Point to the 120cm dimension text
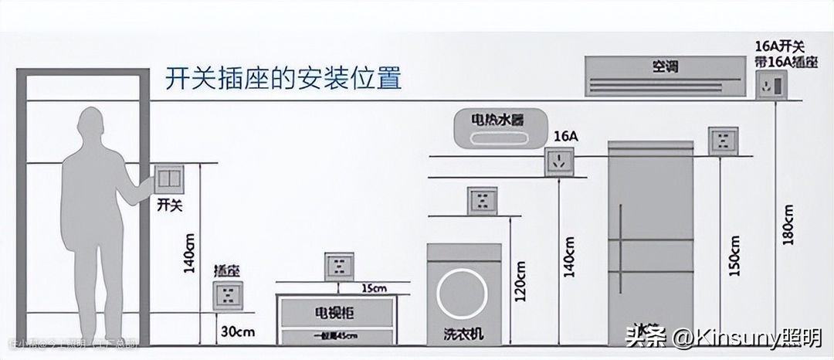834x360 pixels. click(521, 281)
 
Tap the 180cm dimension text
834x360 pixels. click(787, 224)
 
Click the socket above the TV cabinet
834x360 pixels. click(338, 267)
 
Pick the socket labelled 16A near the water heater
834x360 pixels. click(559, 161)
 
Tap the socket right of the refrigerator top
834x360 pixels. click(724, 141)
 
